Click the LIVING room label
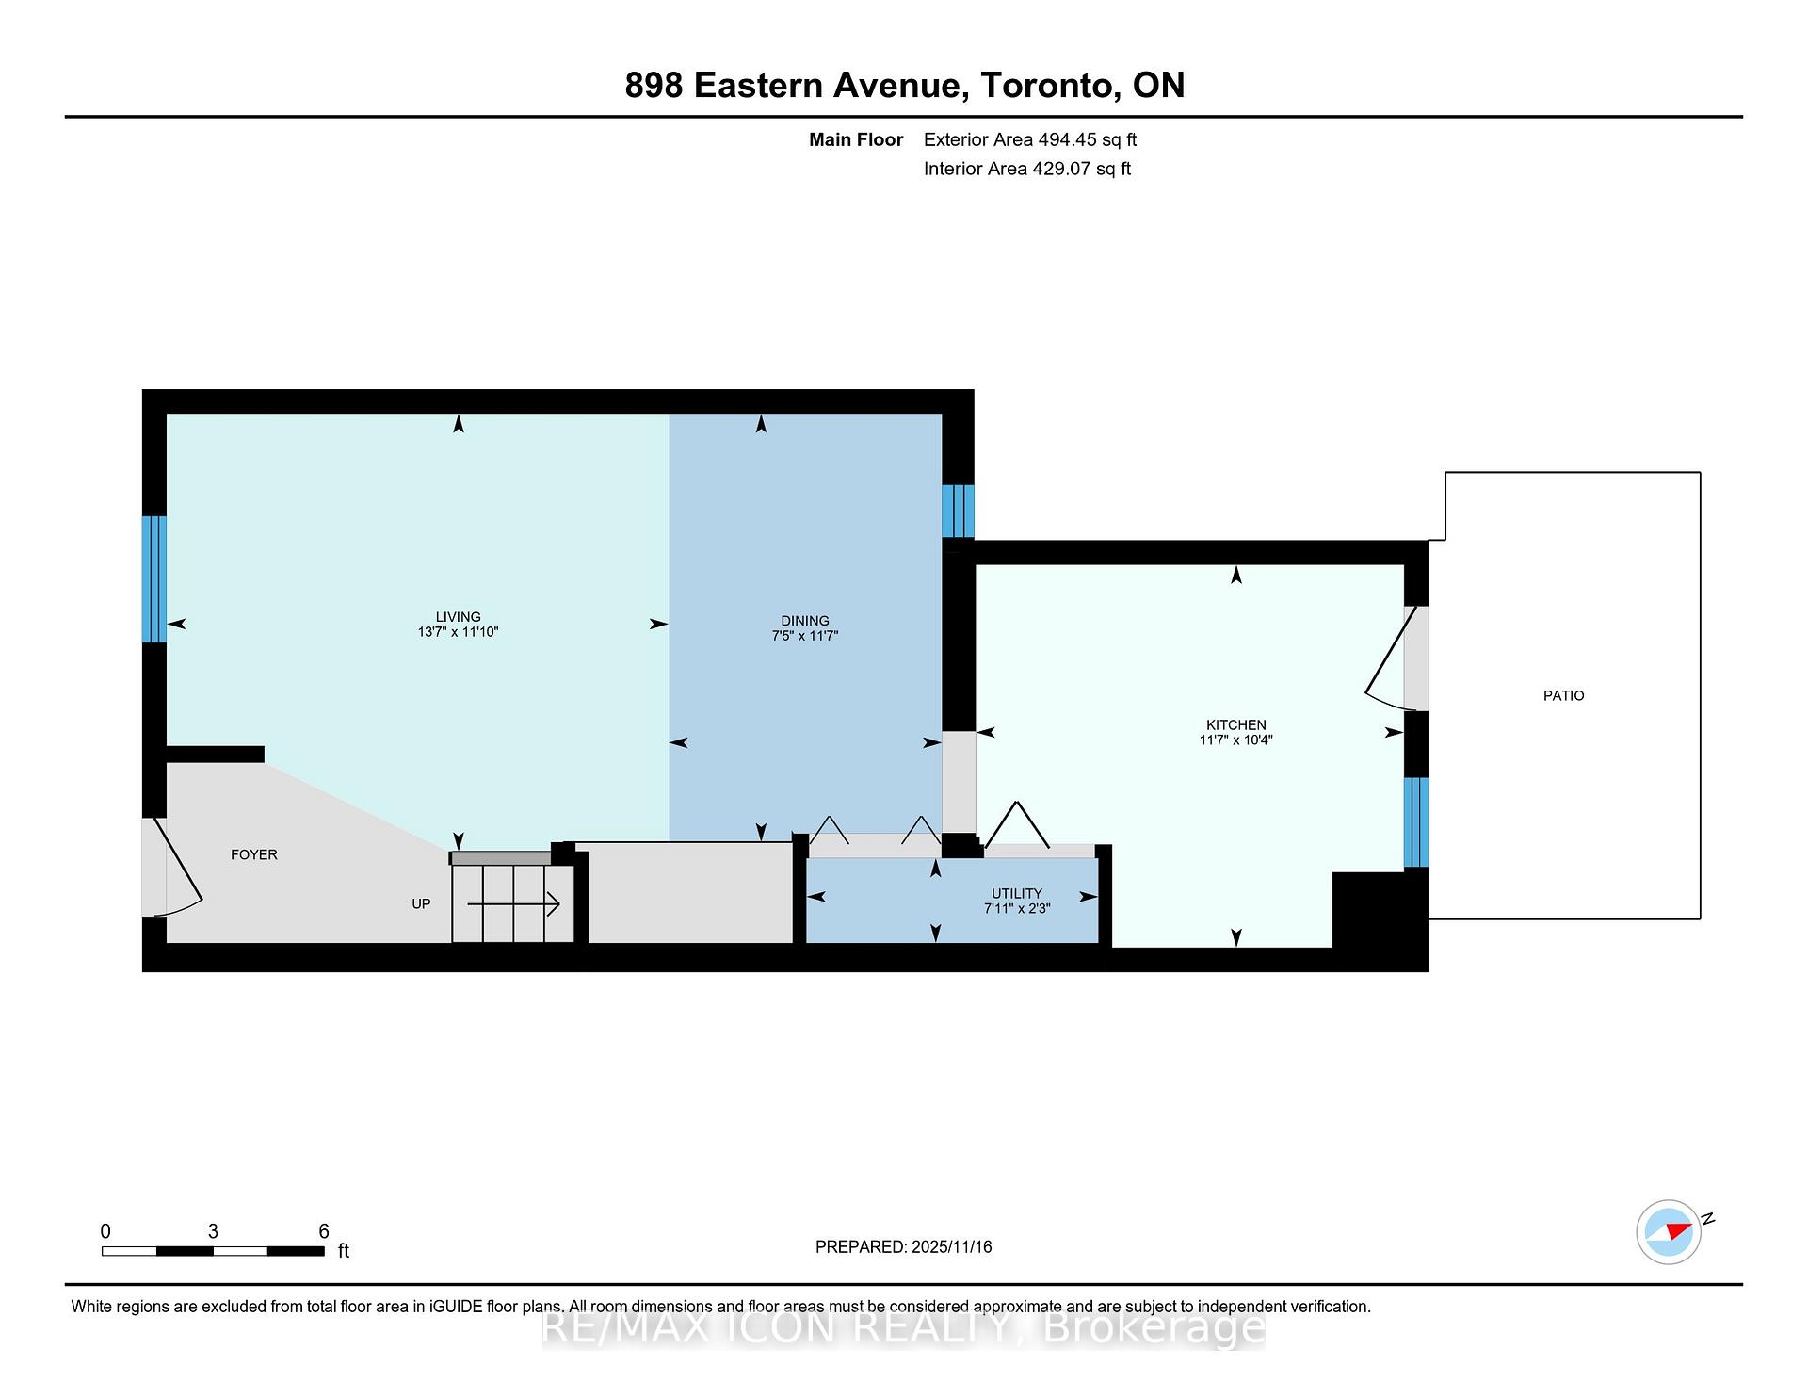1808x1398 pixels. (x=458, y=617)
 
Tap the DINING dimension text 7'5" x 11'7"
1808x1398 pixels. (x=804, y=636)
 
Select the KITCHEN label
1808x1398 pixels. (x=1235, y=724)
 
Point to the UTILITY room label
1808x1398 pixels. (x=1016, y=893)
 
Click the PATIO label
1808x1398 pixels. (x=1563, y=695)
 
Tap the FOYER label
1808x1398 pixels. (x=254, y=854)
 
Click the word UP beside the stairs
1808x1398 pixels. (x=421, y=903)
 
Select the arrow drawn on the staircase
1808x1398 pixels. (x=514, y=905)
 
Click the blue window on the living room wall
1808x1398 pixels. (x=154, y=578)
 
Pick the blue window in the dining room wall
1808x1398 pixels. (x=958, y=511)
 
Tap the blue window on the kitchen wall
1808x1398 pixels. (x=1415, y=821)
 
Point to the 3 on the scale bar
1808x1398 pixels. (x=213, y=1231)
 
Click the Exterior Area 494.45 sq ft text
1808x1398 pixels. (x=1029, y=139)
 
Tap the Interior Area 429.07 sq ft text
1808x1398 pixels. (x=1026, y=169)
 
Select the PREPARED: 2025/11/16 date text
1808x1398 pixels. (x=903, y=1246)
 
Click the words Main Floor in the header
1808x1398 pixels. (x=855, y=139)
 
